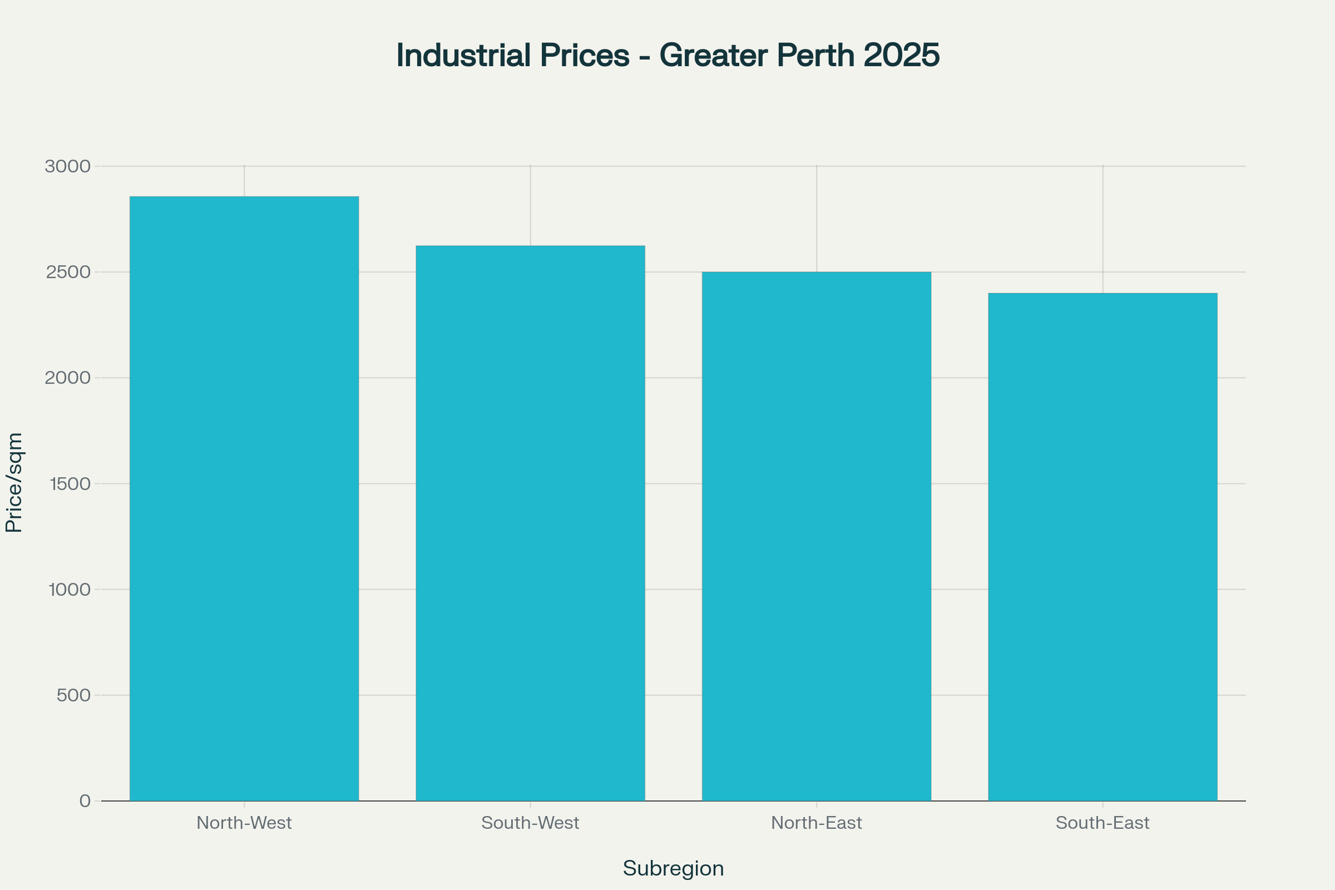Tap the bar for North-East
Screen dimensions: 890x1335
[x=816, y=536]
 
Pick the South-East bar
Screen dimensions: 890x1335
[x=1102, y=547]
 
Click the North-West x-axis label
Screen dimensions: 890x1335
[x=244, y=823]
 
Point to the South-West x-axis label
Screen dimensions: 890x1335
[x=530, y=823]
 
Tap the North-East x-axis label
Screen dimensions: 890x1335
[x=816, y=823]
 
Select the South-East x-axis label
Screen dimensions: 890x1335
[x=1102, y=823]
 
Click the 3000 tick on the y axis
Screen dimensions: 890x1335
[x=67, y=166]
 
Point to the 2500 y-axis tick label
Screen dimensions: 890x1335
[x=68, y=273]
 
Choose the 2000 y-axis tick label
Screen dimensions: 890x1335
[x=67, y=378]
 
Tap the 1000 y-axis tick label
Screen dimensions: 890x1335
[x=69, y=590]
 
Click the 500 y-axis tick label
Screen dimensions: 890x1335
[x=73, y=695]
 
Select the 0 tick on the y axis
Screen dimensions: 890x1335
[x=85, y=801]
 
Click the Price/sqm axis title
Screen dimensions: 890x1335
[x=13, y=482]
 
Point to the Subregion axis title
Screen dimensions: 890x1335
[x=673, y=868]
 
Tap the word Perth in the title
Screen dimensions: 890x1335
[x=815, y=55]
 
